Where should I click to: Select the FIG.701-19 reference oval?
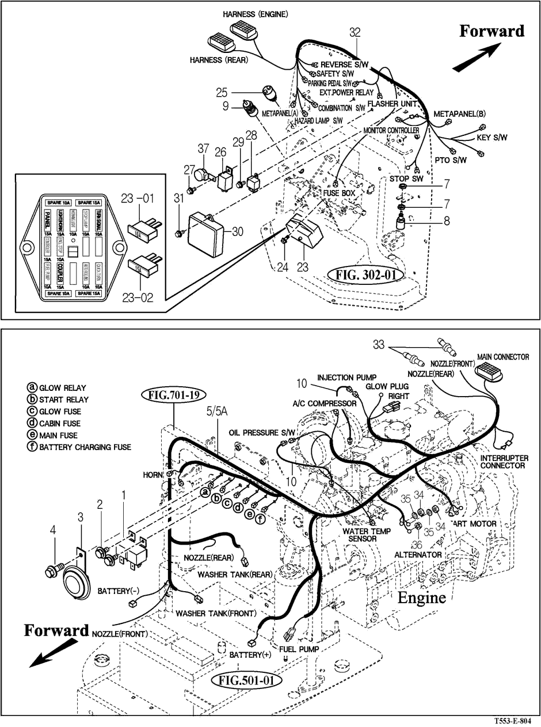(165, 395)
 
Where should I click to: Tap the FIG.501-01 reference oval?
(247, 680)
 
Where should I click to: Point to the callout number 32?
(355, 33)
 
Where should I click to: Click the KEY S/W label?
(492, 138)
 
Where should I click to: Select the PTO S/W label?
(450, 160)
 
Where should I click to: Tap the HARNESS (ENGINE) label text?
(256, 13)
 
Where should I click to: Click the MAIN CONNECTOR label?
(502, 357)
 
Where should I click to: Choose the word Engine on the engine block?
(422, 597)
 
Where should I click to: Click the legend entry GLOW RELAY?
(58, 388)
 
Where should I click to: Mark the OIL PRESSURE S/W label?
(262, 432)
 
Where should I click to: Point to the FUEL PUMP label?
(299, 649)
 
